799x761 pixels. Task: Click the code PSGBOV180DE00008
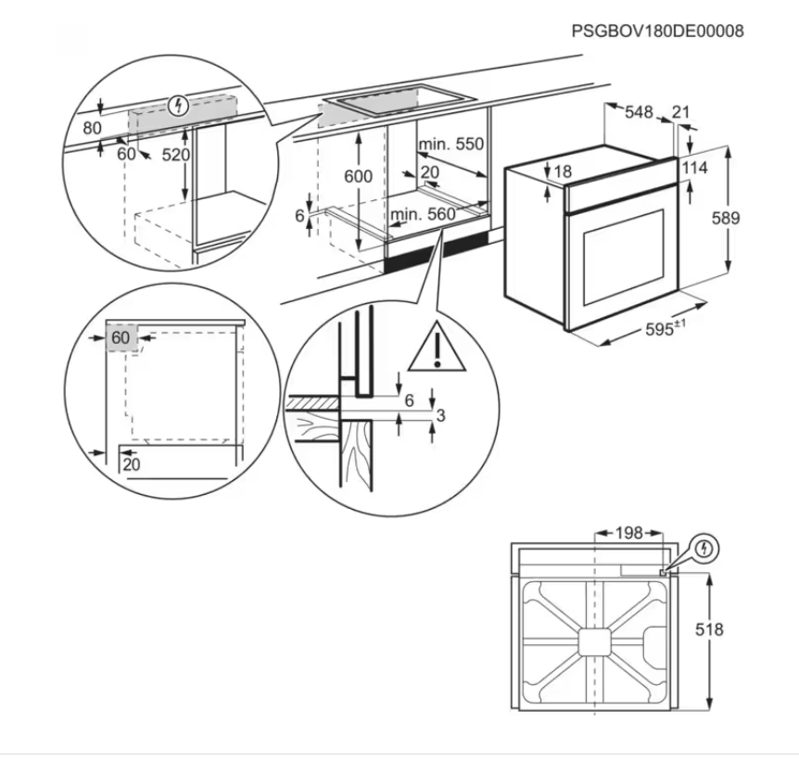tap(657, 32)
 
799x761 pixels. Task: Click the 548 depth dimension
tap(638, 112)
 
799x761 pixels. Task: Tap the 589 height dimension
tap(752, 218)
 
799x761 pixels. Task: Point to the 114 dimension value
tap(719, 168)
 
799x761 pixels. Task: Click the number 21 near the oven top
tap(681, 112)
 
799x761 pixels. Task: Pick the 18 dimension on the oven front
tap(564, 171)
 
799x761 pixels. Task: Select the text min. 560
tap(423, 215)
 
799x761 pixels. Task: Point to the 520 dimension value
tap(175, 155)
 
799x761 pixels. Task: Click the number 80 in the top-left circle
tap(92, 128)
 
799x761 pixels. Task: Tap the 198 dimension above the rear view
tap(628, 533)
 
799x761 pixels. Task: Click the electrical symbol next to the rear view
tap(705, 548)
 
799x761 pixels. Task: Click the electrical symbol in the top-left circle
tap(180, 103)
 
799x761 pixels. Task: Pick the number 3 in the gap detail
tap(440, 415)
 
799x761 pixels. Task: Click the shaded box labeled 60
tap(121, 338)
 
